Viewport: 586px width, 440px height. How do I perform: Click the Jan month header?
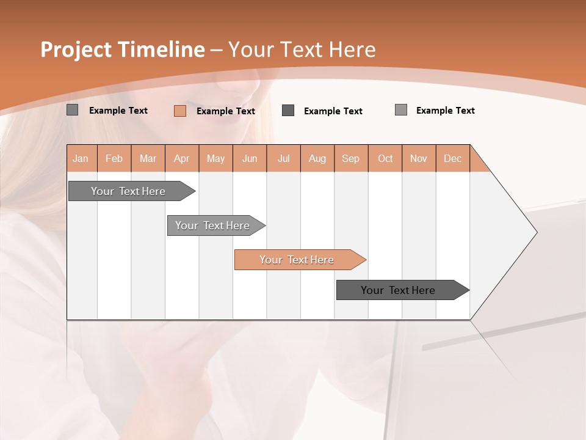(81, 158)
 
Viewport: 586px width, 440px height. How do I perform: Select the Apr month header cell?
(182, 158)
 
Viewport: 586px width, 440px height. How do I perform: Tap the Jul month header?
(284, 158)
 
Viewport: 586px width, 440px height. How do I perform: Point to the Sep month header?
(351, 158)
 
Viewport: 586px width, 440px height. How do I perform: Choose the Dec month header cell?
(453, 158)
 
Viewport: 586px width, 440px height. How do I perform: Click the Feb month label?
(114, 158)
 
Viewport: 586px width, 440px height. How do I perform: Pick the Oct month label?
(385, 158)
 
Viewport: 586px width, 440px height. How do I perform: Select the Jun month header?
(250, 158)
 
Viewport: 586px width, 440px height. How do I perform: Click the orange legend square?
(180, 111)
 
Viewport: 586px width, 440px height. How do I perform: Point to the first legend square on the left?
(73, 110)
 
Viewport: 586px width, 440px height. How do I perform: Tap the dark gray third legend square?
(288, 111)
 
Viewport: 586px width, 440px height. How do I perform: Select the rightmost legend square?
(401, 110)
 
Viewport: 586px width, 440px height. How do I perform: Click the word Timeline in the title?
(161, 50)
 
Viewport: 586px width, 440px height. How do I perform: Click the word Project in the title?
(76, 50)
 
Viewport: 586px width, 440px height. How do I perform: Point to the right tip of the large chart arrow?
(536, 232)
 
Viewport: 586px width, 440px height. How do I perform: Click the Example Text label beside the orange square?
(226, 111)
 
